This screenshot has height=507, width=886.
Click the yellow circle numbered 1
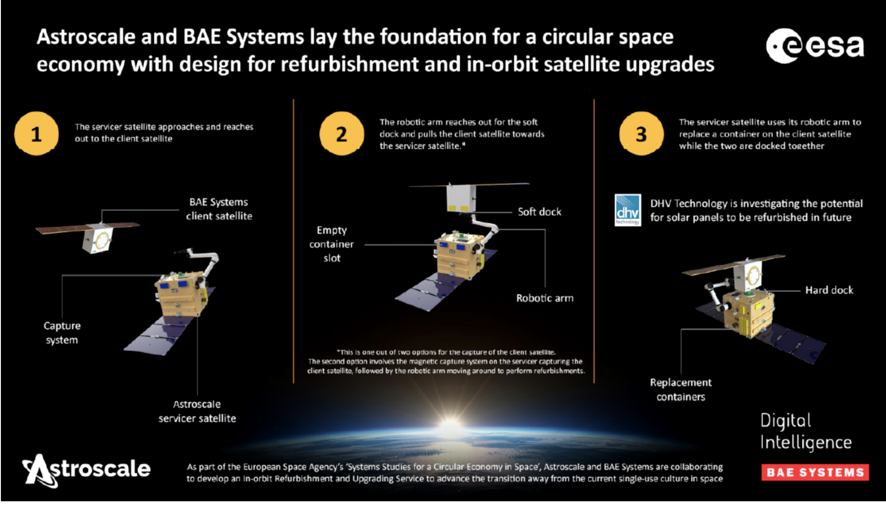click(36, 134)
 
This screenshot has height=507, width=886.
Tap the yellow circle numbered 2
click(342, 134)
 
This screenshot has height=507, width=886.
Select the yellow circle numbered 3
click(642, 134)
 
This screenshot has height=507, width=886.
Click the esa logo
click(815, 46)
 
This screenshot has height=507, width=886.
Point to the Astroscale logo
click(86, 470)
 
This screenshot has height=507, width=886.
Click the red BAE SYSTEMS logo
click(815, 472)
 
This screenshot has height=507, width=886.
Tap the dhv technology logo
click(628, 210)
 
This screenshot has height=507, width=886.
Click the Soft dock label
click(539, 212)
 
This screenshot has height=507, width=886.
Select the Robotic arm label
click(545, 298)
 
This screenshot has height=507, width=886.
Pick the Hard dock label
click(829, 290)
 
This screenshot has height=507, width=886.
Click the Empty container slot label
click(332, 244)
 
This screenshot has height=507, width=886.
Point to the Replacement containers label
click(681, 390)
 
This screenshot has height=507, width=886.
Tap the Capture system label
click(62, 333)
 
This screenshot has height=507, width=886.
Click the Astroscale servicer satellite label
click(197, 411)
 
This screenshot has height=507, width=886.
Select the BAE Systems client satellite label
click(219, 209)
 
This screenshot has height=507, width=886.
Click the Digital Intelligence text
click(806, 432)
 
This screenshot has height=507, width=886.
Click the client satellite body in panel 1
click(97, 238)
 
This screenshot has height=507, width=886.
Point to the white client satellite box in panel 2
click(461, 198)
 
